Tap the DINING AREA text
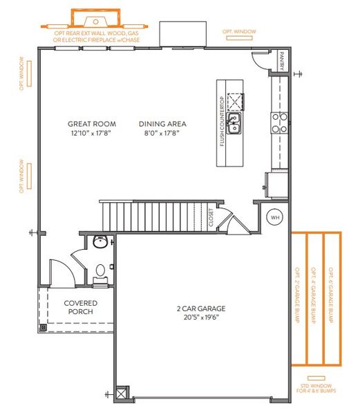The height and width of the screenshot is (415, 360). [162, 124]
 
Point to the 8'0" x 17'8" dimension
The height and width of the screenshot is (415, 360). [162, 133]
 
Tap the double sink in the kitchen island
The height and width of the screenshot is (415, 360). [235, 124]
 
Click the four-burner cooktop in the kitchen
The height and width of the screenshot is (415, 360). [279, 122]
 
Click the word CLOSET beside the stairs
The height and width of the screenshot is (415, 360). [211, 219]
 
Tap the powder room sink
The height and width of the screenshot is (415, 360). [101, 242]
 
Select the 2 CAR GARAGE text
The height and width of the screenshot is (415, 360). [200, 309]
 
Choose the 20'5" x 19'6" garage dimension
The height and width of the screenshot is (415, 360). [200, 317]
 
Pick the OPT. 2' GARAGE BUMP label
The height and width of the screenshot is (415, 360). [298, 297]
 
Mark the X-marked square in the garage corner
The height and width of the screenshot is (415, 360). [123, 392]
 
